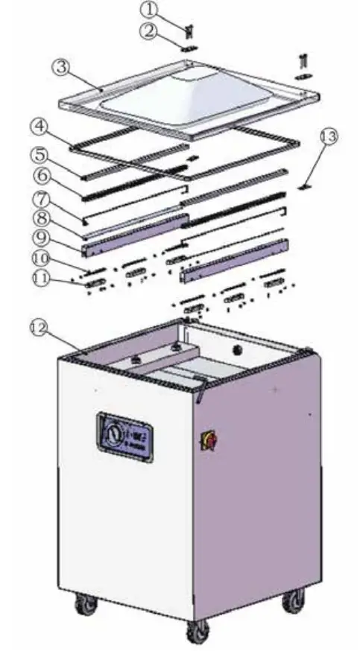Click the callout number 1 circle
151,10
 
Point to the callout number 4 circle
39,126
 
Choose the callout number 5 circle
40,156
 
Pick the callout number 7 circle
40,199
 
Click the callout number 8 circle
40,219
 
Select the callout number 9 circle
40,239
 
